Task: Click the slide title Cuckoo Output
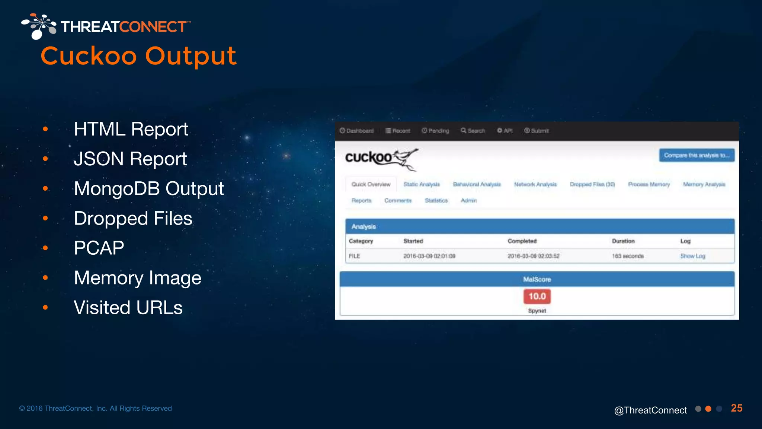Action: coord(138,56)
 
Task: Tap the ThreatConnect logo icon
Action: coord(39,26)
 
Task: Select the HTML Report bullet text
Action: coord(131,129)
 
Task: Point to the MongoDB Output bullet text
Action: coord(149,188)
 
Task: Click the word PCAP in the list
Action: coord(99,248)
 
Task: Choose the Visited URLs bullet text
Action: coord(128,308)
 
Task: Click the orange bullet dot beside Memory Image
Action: coord(45,277)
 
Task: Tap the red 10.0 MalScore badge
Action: coord(537,296)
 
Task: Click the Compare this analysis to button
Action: coord(697,155)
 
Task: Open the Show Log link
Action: coord(692,256)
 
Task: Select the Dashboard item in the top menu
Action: coord(356,131)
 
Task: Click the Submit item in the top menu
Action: coord(537,131)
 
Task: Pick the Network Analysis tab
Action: coord(535,184)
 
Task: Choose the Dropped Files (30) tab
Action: coord(592,184)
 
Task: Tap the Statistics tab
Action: coord(436,200)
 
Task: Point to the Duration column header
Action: coord(623,241)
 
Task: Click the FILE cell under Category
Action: coord(354,256)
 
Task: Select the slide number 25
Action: coord(736,408)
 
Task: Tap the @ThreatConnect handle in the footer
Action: coord(650,410)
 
